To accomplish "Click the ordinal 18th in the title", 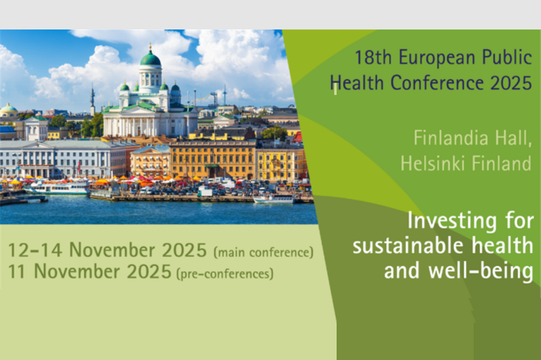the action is (x=373, y=57).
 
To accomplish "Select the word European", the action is (x=437, y=58).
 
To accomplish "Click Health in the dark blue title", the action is (x=356, y=83).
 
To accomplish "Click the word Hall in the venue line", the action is (x=513, y=138).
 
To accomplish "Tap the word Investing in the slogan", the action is (x=452, y=221).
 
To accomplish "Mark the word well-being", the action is (x=481, y=270).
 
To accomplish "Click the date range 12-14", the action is (x=35, y=249).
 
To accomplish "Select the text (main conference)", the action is (x=264, y=252).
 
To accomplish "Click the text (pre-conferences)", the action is (x=225, y=274).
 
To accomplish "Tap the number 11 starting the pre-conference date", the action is (x=17, y=272).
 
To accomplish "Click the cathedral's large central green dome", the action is (x=150, y=58).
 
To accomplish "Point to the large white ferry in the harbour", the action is (x=58, y=188).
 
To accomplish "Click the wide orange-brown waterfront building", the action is (x=213, y=160).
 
